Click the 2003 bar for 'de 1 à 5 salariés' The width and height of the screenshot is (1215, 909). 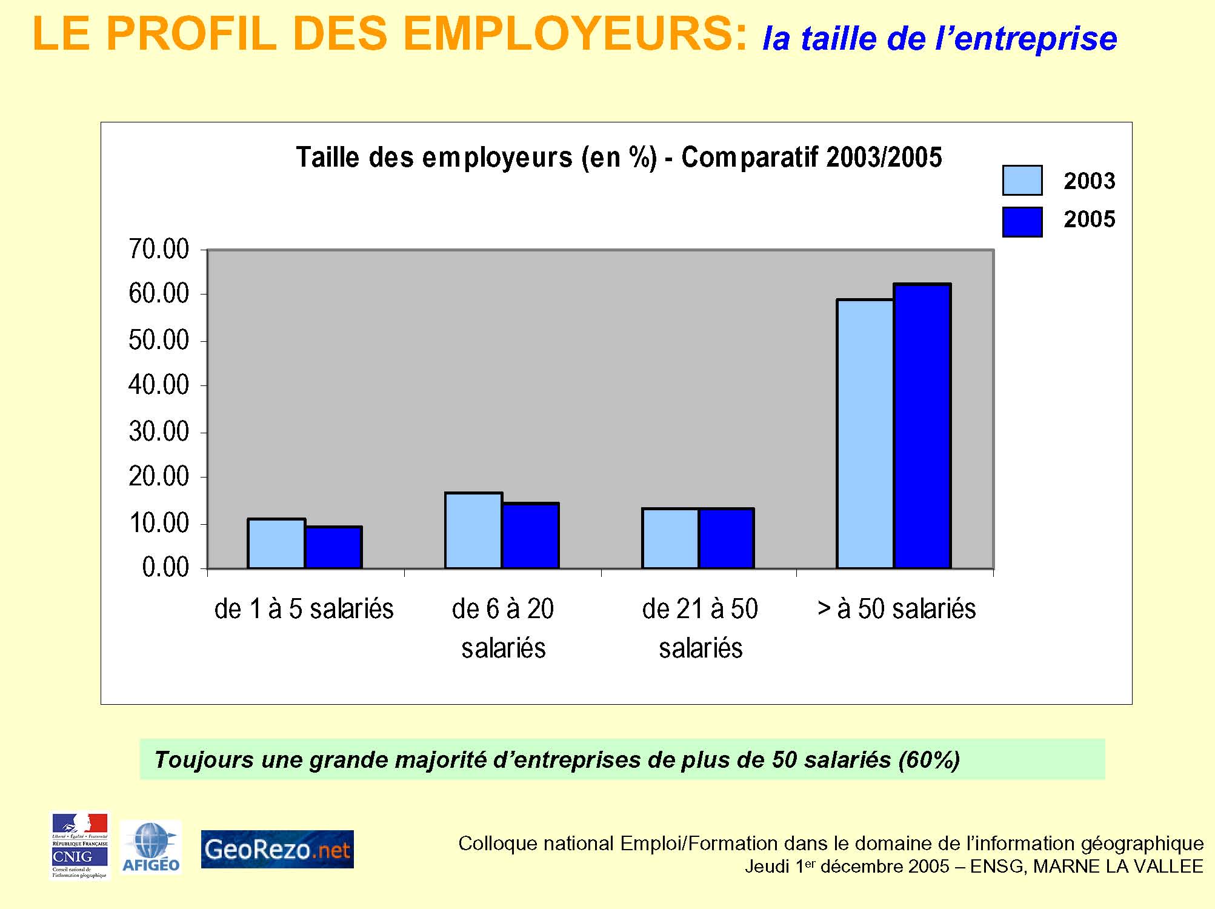pos(276,544)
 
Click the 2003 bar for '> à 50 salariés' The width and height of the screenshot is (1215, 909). pos(865,434)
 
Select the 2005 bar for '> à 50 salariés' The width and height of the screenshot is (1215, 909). pos(922,426)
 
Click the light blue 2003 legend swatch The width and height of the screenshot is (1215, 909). pos(1022,181)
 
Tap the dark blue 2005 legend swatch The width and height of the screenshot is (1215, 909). pos(1022,222)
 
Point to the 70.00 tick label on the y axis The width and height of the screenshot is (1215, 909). pos(159,249)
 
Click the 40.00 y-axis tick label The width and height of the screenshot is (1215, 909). pos(159,385)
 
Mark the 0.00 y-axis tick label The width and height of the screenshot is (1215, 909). pos(165,568)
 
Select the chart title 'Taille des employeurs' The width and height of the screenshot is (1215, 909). pos(619,158)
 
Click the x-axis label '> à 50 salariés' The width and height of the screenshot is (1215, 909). pos(896,608)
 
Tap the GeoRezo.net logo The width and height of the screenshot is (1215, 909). pos(277,849)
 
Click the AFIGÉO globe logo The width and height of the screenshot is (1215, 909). pos(151,847)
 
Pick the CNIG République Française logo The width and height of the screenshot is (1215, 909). pos(80,846)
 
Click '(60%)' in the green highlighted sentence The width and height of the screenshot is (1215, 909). pos(929,759)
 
